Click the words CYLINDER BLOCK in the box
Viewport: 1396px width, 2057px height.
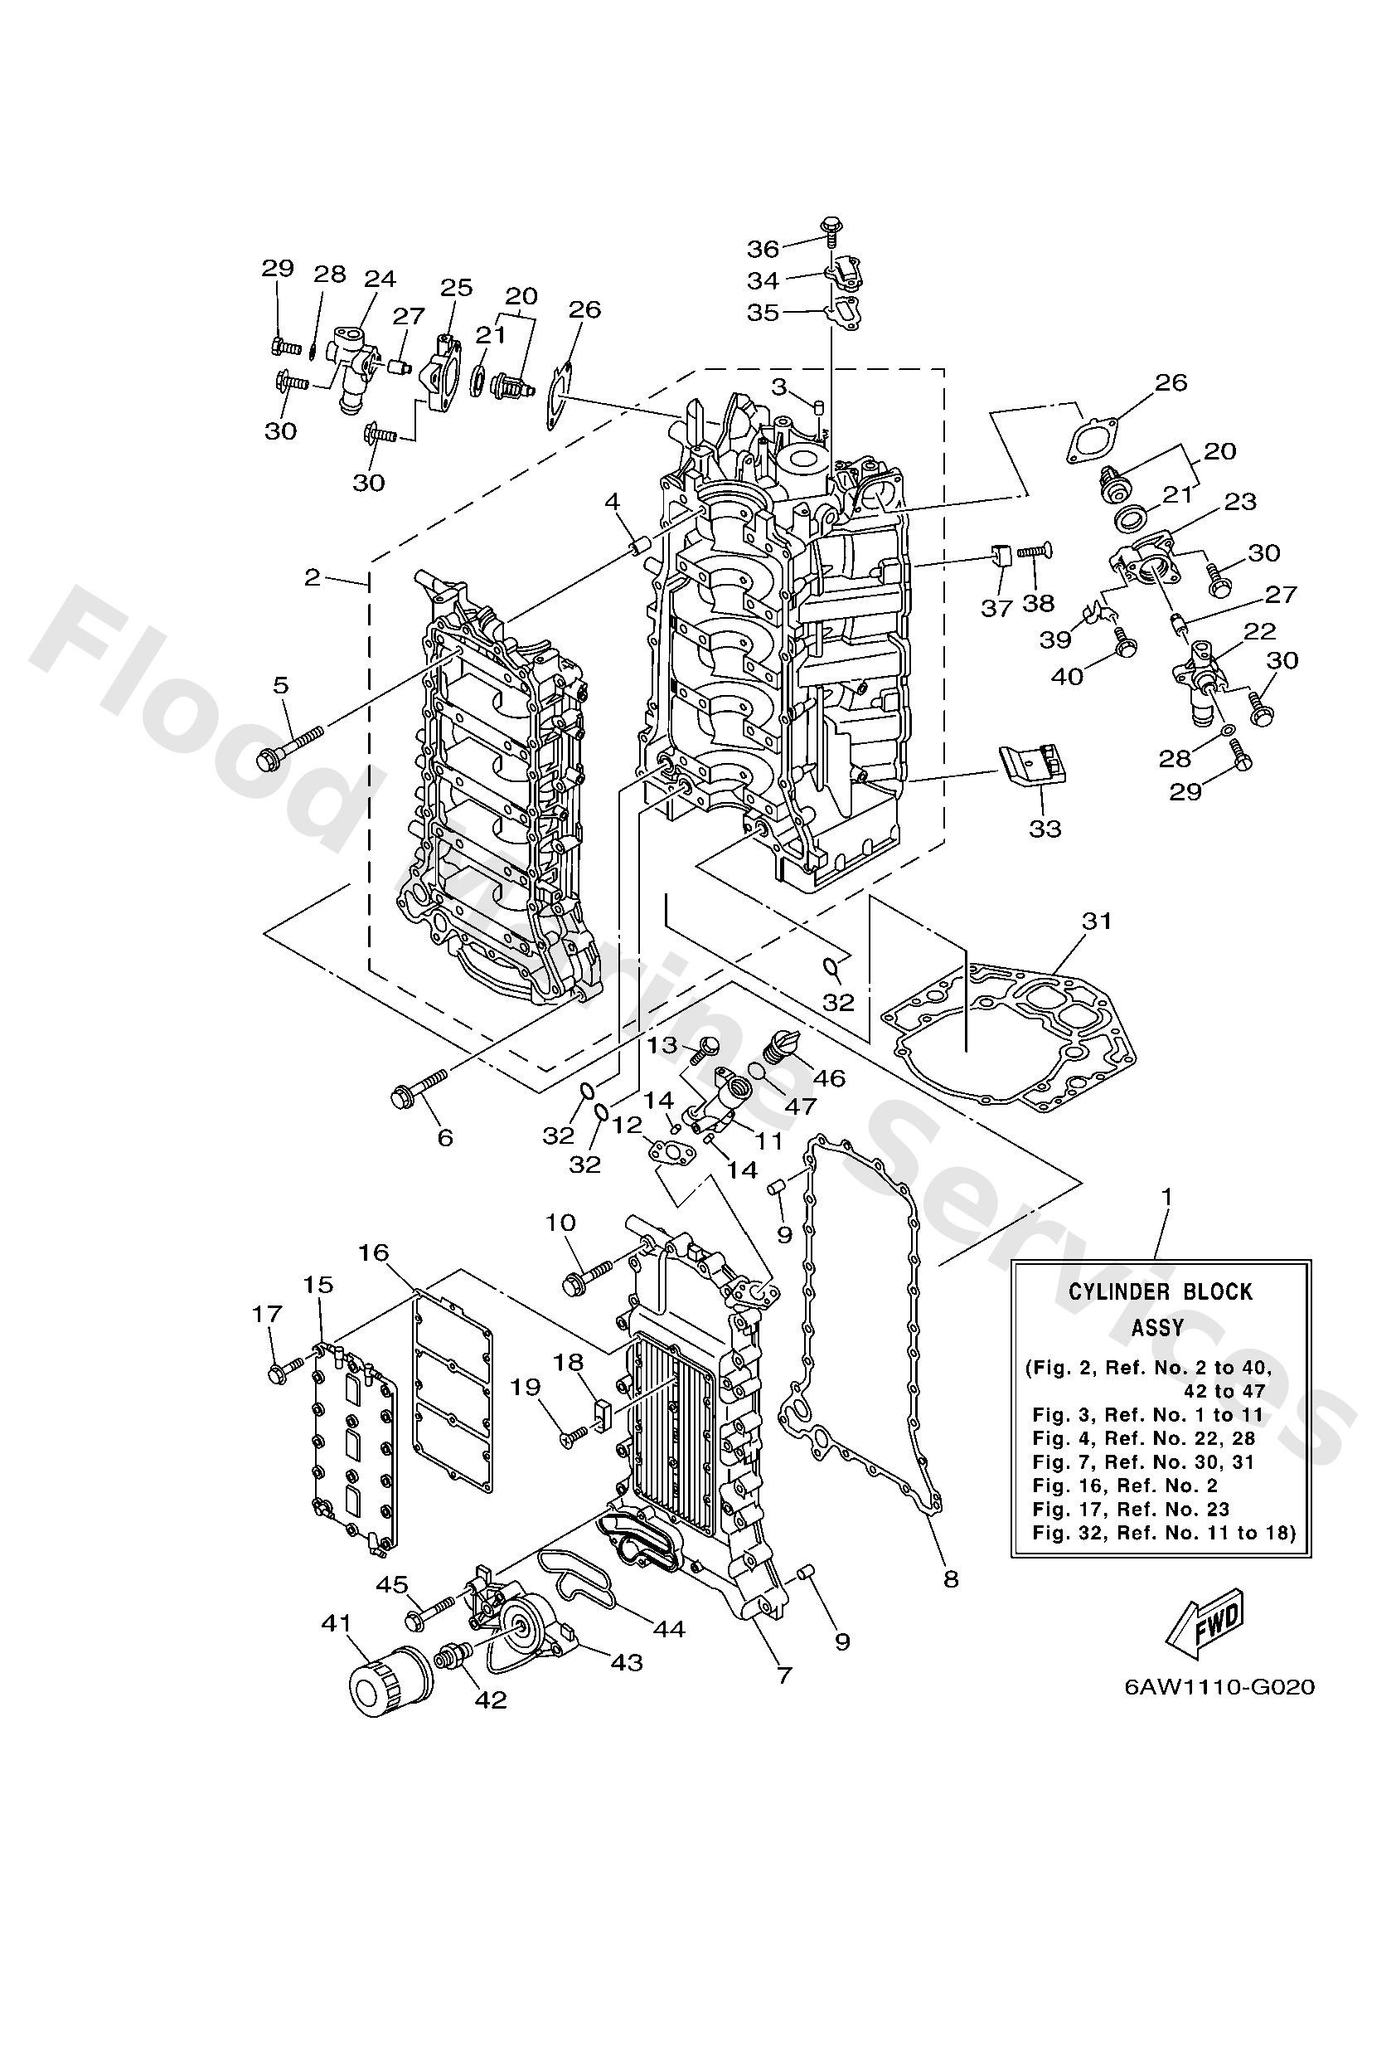pos(1160,1292)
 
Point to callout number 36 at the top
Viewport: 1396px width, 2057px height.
pos(763,247)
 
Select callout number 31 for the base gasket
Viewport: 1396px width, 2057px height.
pos(1097,921)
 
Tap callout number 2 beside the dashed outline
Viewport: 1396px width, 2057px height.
pos(312,578)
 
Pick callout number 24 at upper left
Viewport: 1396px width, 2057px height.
pos(380,279)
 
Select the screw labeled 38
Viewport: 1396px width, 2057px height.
pos(1031,552)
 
